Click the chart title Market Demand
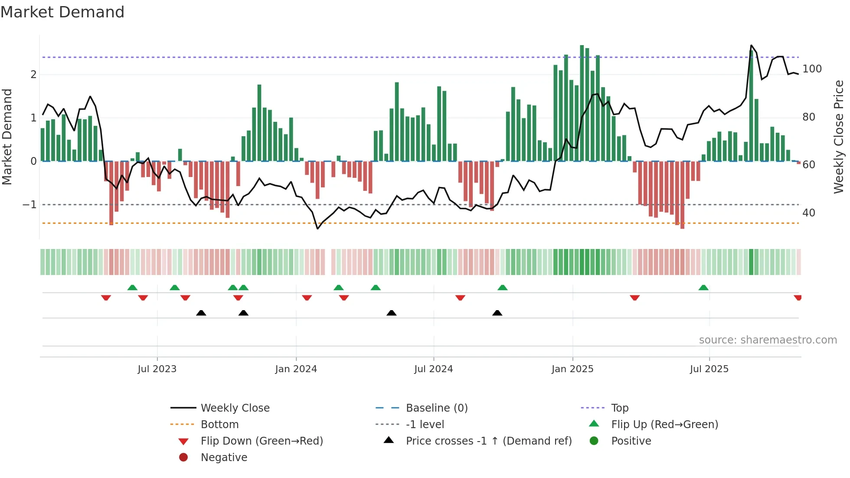click(x=62, y=12)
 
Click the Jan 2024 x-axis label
click(x=296, y=369)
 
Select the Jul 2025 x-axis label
click(x=709, y=369)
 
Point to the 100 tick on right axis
click(x=811, y=69)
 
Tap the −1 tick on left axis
click(x=29, y=205)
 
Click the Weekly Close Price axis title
click(x=839, y=137)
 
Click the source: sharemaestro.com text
click(x=768, y=340)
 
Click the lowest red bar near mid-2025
click(x=682, y=195)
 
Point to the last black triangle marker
click(x=497, y=313)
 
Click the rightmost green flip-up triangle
click(x=703, y=288)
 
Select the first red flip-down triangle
click(x=106, y=298)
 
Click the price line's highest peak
click(x=751, y=45)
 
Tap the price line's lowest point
click(x=318, y=229)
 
